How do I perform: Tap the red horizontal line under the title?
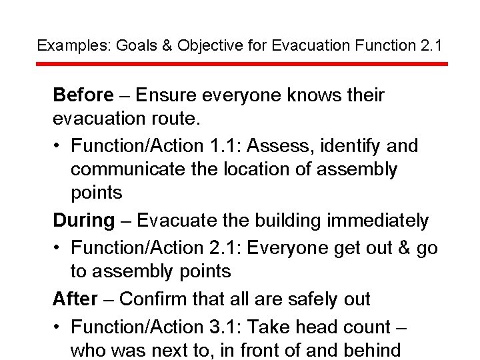[x=241, y=64]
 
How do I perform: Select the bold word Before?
[x=83, y=95]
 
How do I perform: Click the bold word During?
[x=84, y=220]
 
